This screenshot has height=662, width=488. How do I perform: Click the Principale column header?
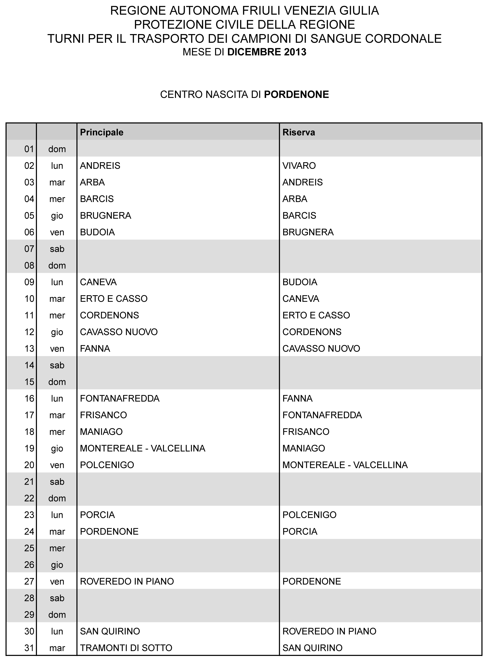tap(102, 132)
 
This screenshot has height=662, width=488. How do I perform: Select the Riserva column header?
tap(299, 132)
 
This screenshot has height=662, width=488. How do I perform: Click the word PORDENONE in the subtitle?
tap(296, 94)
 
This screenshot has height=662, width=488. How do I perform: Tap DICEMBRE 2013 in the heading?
tap(267, 52)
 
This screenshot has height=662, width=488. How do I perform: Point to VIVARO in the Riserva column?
tap(299, 166)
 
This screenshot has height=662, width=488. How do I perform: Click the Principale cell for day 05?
tap(105, 215)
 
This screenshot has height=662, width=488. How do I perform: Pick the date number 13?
tap(29, 349)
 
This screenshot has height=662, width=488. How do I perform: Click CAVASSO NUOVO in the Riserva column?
tap(321, 349)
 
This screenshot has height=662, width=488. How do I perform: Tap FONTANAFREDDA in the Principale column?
tap(120, 398)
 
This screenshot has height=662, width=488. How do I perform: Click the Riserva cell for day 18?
tap(306, 432)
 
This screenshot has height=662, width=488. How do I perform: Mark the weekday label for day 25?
tap(57, 548)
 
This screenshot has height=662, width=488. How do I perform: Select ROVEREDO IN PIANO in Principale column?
tap(127, 581)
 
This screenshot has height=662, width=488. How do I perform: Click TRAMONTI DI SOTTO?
tap(126, 648)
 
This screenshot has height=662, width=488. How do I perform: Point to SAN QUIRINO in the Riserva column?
tap(312, 648)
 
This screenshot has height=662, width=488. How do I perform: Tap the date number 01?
tap(29, 149)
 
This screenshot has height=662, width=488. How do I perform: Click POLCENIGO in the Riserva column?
tap(309, 515)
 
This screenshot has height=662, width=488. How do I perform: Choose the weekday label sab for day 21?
tap(57, 482)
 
